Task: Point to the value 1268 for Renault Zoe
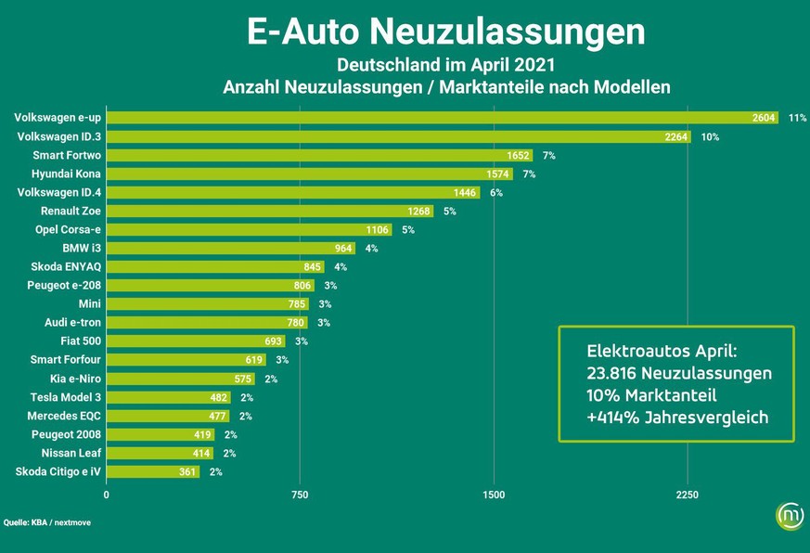coord(419,211)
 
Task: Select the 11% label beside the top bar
coord(797,118)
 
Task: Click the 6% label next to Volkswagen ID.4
coord(496,192)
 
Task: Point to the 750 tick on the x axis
coord(300,495)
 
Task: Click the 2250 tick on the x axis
coord(688,495)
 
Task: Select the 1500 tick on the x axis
coord(494,495)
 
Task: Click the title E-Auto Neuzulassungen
coord(445,32)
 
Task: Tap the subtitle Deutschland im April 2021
coord(445,66)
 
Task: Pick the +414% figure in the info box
coord(611,418)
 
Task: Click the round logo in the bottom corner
coord(789,518)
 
